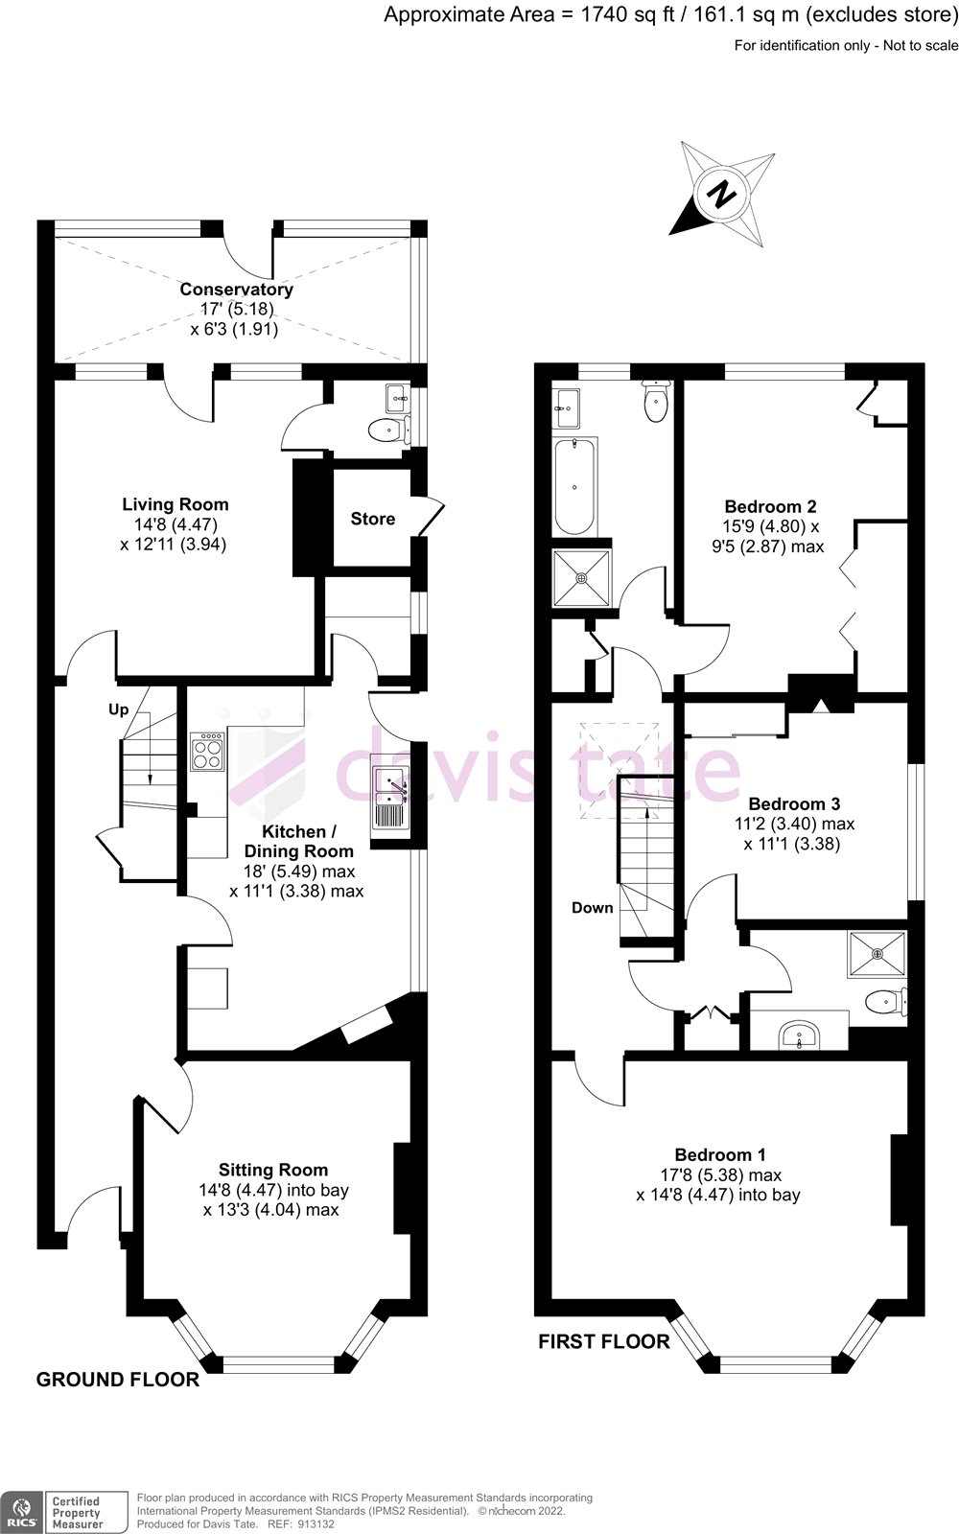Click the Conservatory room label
[x=236, y=289]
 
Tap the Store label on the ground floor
[x=372, y=519]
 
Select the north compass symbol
[x=722, y=195]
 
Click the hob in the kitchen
[x=208, y=751]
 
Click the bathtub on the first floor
[x=575, y=487]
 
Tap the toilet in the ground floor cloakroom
[x=385, y=430]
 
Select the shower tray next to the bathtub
[x=581, y=578]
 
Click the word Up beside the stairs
[x=118, y=710]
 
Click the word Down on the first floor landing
[x=592, y=907]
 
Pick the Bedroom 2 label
[x=770, y=506]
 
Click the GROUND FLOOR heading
[x=118, y=1380]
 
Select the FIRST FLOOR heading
[x=603, y=1341]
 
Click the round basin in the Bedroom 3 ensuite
[x=799, y=1035]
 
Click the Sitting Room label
[x=273, y=1170]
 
